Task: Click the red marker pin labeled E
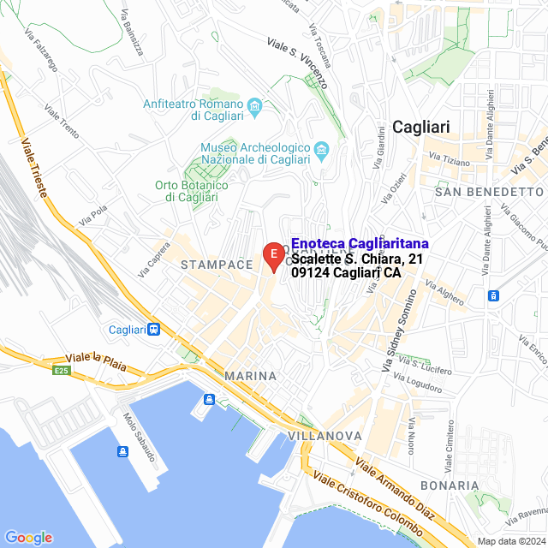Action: pyautogui.click(x=272, y=254)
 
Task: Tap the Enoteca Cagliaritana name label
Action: pyautogui.click(x=360, y=244)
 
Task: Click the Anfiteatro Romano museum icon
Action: pyautogui.click(x=254, y=106)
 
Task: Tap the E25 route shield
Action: pyautogui.click(x=61, y=370)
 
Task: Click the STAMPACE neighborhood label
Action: pyautogui.click(x=216, y=265)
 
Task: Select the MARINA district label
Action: pyautogui.click(x=250, y=376)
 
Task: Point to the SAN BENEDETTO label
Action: pyautogui.click(x=489, y=192)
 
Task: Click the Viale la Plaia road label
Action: pyautogui.click(x=96, y=361)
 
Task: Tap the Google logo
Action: pyautogui.click(x=29, y=538)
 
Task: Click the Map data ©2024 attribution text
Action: pyautogui.click(x=511, y=541)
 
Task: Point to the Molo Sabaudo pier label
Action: pyautogui.click(x=139, y=437)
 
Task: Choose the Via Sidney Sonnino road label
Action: pyautogui.click(x=398, y=328)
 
